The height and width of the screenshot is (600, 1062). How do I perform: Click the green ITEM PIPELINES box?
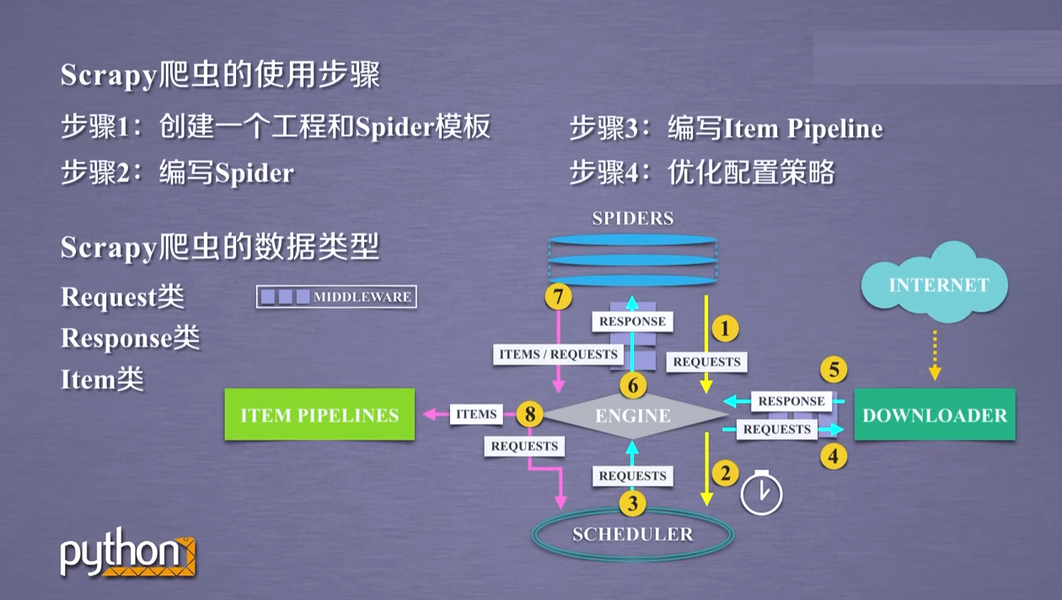(x=319, y=415)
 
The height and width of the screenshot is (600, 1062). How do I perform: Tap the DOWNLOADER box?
(x=935, y=415)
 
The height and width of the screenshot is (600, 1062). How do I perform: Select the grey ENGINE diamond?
(x=633, y=415)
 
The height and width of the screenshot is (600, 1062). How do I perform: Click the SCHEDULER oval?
(x=632, y=534)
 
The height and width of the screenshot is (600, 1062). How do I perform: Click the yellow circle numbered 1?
(x=725, y=328)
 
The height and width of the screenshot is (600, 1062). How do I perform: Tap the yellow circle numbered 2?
(x=725, y=473)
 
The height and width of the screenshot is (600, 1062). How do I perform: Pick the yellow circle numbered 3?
(x=632, y=504)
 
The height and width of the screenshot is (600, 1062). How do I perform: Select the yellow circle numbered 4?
(x=834, y=456)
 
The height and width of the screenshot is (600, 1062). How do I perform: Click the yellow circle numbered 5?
(x=833, y=369)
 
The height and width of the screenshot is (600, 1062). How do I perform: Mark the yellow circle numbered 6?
(x=632, y=386)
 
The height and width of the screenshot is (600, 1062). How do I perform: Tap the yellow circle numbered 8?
(x=529, y=414)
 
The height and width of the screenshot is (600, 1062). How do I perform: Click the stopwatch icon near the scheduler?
(x=761, y=494)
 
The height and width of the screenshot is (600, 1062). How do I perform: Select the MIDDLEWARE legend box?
(x=337, y=297)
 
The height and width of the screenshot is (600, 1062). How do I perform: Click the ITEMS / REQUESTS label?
(x=558, y=354)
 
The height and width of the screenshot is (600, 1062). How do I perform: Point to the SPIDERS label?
(x=632, y=219)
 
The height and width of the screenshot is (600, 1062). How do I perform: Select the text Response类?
(x=131, y=338)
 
